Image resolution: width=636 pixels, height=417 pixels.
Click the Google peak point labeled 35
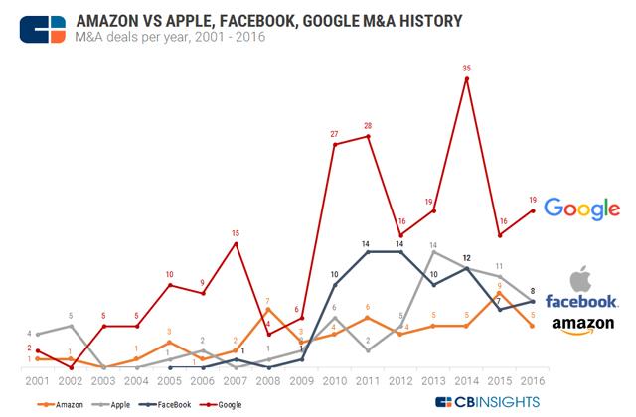click(x=467, y=77)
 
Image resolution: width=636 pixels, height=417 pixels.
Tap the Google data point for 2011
click(x=369, y=136)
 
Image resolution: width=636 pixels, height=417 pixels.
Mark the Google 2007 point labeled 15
click(x=236, y=243)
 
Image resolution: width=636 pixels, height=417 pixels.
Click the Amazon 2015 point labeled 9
click(x=501, y=293)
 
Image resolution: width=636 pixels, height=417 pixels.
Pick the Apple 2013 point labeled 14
click(x=434, y=252)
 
